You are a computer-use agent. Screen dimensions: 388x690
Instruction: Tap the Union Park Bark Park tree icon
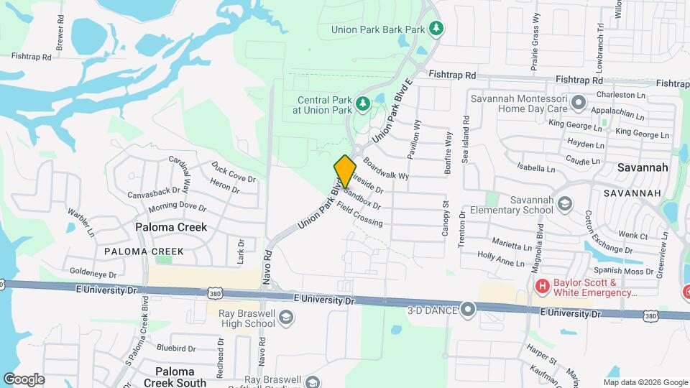click(436, 29)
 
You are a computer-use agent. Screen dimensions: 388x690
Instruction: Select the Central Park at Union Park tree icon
click(363, 105)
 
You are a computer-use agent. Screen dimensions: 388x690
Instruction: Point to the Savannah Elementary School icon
click(564, 205)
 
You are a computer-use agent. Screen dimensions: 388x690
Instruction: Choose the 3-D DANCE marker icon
click(469, 310)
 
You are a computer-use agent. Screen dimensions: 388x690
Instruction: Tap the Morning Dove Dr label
click(178, 208)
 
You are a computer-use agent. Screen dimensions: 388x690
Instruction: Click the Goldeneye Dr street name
click(93, 272)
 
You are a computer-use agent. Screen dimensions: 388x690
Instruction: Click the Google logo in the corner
click(24, 379)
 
